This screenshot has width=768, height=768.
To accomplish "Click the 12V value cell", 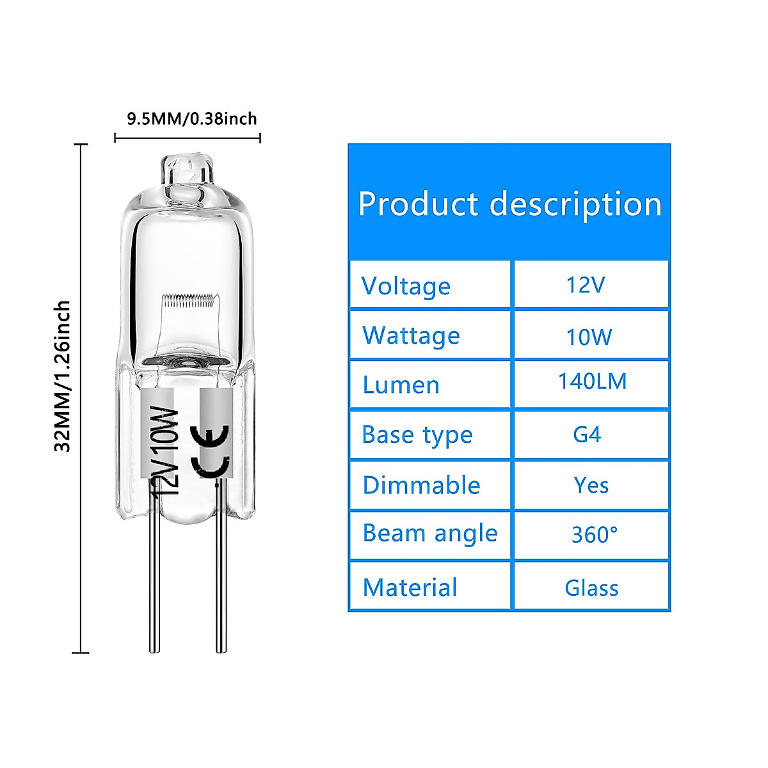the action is (586, 285).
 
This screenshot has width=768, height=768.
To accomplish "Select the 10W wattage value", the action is (589, 336).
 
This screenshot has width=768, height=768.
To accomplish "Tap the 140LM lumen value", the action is (592, 382).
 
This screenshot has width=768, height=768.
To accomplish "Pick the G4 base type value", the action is (587, 435).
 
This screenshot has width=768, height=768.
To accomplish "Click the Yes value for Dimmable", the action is (591, 485).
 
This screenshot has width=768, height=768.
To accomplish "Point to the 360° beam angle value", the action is (595, 534).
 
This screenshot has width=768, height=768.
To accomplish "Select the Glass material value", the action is (591, 588).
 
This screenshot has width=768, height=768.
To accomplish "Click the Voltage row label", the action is (406, 286).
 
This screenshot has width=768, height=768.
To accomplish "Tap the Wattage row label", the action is (411, 336).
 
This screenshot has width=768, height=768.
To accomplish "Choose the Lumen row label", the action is (401, 385).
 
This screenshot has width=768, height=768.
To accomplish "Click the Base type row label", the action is (417, 435).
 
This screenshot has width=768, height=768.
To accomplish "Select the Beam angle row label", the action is (429, 534).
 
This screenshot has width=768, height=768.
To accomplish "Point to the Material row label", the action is (410, 588).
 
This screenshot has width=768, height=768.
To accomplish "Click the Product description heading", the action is (509, 204).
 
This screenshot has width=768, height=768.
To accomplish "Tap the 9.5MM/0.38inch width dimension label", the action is (191, 119).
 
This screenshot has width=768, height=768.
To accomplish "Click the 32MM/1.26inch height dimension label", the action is (63, 376).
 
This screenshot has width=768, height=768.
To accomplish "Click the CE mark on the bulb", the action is (211, 451).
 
